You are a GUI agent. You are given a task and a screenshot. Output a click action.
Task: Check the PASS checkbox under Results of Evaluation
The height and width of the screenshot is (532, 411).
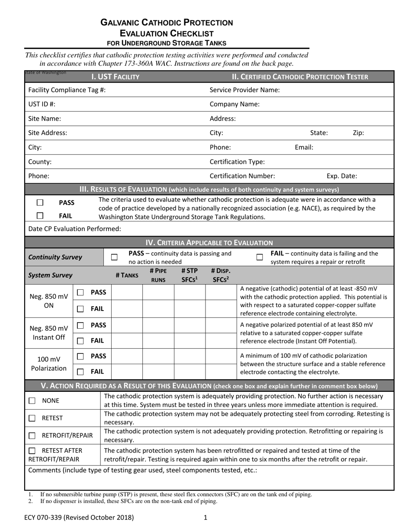point(40,202)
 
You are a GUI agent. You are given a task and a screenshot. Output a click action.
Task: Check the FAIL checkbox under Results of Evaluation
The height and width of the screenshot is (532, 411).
point(40,215)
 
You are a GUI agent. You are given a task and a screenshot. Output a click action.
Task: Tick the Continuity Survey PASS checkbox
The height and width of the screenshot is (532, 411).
point(114,257)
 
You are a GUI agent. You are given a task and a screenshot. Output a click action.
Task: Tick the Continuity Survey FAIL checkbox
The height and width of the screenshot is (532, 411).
point(260,257)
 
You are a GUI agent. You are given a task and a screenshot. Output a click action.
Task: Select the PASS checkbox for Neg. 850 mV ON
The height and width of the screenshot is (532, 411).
point(80,293)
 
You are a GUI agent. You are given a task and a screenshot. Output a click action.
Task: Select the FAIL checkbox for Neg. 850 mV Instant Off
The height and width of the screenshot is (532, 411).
point(80,341)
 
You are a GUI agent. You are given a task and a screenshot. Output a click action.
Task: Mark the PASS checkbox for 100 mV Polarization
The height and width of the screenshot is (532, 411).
point(80,356)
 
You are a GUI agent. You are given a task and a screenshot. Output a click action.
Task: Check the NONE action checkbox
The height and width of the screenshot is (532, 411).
point(32,401)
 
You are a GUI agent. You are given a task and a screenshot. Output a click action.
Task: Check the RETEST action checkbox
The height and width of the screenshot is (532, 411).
point(32,418)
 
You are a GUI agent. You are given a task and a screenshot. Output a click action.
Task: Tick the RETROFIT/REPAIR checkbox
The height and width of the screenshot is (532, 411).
point(32,436)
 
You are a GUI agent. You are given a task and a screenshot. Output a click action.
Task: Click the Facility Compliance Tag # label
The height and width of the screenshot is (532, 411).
point(67,90)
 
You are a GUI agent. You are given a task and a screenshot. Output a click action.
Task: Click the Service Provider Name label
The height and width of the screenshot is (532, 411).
point(244,90)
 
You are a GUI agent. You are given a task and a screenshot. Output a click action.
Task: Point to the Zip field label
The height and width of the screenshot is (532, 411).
point(358,133)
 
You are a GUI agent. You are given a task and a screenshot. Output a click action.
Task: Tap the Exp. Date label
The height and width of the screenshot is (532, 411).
point(341,176)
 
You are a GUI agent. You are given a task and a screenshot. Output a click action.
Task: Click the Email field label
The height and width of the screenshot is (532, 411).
point(304,147)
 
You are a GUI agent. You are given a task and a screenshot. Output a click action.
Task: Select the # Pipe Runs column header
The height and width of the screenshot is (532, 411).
point(158,275)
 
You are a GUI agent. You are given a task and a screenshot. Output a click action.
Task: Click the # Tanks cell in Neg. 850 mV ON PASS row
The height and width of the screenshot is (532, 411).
point(127,293)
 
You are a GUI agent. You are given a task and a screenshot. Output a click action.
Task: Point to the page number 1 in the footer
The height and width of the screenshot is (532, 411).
point(205,517)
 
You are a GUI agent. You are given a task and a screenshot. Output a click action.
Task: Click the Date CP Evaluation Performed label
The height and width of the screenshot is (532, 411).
point(74,228)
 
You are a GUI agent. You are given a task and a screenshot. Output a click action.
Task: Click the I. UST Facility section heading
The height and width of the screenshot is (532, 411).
point(115,77)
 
